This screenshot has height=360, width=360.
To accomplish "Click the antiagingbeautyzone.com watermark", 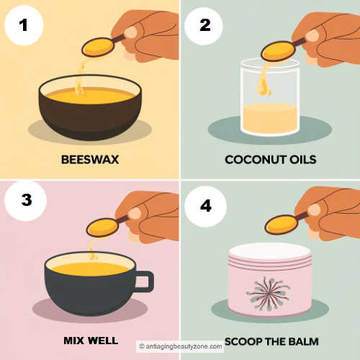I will tap(181, 346).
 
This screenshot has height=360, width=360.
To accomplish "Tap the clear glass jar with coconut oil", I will tap(269, 101).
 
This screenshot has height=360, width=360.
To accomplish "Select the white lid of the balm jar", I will tap(269, 252).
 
